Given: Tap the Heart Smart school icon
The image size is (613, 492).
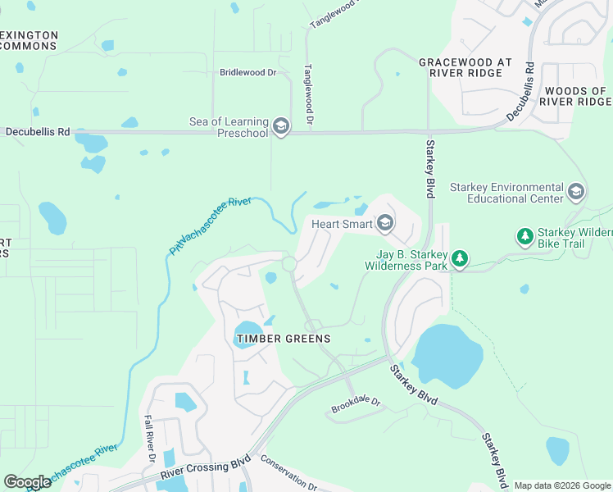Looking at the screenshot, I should pos(385,223).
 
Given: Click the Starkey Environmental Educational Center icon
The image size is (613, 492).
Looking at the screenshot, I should pos(575,193).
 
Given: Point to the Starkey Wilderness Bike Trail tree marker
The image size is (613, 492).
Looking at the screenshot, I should pos(524,237).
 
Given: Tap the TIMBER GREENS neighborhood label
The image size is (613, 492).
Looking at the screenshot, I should pos(283,339).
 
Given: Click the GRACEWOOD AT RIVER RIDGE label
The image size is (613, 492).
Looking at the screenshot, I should pos(465,67).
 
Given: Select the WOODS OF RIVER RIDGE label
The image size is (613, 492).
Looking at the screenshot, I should pos(577,96).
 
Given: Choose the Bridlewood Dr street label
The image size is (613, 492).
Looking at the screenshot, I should pos(248,72).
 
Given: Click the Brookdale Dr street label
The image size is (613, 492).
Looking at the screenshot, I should pos(356,402).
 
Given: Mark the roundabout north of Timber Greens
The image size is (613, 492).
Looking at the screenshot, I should pos(288,264).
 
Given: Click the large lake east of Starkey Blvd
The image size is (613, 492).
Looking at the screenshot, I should pos(446,356).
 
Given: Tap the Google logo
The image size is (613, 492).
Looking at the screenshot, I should pos(27,481).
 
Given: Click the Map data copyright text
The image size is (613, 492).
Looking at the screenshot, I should pos(561,485).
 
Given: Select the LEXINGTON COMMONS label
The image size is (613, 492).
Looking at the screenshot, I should pos(30,41).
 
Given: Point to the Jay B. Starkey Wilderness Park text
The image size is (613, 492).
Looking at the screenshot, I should pos(406,260).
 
